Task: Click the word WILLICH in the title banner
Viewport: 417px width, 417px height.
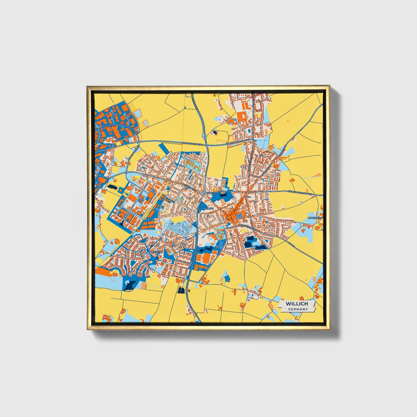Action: click(297, 304)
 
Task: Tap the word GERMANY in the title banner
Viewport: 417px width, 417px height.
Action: click(298, 309)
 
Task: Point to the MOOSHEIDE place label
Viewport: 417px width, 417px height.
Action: click(315, 218)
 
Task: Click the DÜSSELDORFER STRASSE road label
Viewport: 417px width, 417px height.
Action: click(300, 193)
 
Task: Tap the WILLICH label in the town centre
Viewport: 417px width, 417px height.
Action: click(208, 208)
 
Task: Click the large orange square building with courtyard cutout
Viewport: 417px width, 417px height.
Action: click(241, 117)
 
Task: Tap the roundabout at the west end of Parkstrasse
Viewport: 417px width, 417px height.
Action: click(204, 192)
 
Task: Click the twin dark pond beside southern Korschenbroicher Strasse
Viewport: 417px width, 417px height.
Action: click(181, 290)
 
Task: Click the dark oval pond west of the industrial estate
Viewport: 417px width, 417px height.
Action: click(111, 187)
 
